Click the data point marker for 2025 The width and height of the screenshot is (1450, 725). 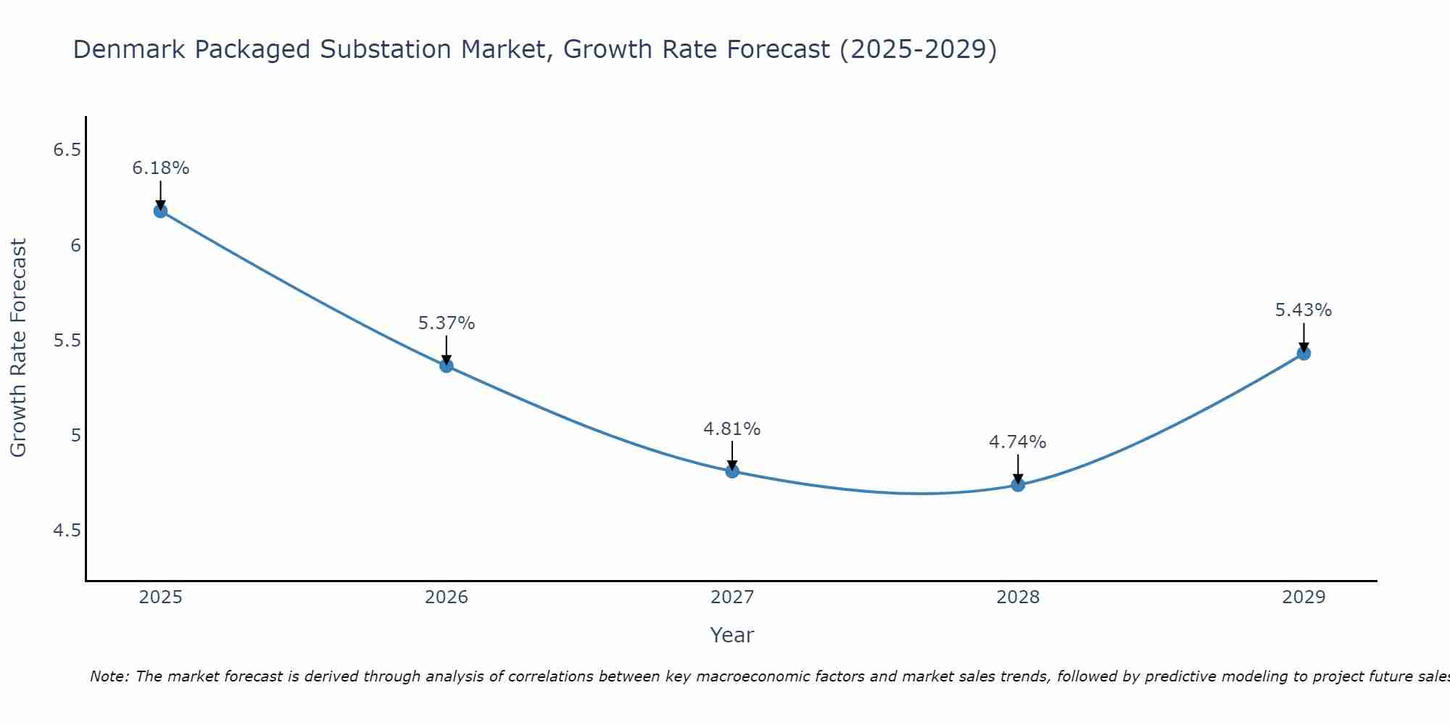(x=160, y=211)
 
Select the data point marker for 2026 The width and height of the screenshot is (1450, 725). (x=447, y=365)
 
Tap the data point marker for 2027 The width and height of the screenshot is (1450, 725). (x=732, y=471)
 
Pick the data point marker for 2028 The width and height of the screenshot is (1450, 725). (x=1018, y=484)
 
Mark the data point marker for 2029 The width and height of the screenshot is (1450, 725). (x=1304, y=353)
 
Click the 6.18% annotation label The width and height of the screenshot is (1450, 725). (x=160, y=168)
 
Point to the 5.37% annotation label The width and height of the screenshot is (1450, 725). (x=447, y=323)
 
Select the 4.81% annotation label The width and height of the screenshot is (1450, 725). (x=732, y=429)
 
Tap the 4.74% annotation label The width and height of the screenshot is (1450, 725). (x=1018, y=442)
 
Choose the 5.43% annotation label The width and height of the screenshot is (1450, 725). (x=1304, y=310)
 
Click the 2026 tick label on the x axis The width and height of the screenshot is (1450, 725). (x=447, y=597)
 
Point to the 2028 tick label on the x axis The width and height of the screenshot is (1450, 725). (x=1018, y=597)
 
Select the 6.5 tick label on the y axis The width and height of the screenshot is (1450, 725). (x=67, y=150)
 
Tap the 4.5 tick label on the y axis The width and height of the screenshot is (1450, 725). (x=67, y=531)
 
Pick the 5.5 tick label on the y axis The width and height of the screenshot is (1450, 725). (x=67, y=341)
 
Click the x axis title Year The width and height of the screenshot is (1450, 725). (x=732, y=635)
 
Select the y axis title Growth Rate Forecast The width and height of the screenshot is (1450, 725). (x=18, y=348)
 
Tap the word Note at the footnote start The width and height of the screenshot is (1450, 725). (x=109, y=677)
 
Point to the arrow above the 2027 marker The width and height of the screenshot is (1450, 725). (x=732, y=455)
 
